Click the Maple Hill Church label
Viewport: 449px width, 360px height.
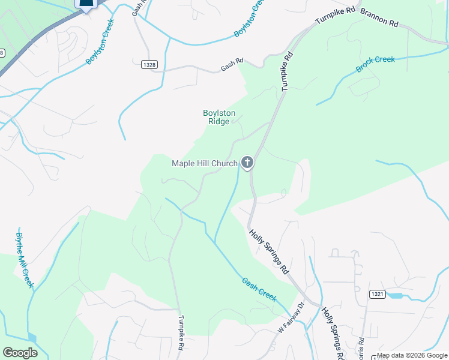[205, 163]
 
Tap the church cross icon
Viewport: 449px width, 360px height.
[247, 162]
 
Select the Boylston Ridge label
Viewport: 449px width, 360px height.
[218, 117]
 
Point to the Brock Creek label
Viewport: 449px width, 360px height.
[375, 64]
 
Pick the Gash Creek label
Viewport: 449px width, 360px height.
[259, 287]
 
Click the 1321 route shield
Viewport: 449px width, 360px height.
[376, 293]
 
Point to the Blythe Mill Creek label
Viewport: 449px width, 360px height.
[25, 260]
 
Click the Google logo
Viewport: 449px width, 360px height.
[20, 353]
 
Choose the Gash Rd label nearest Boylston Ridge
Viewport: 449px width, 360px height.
[232, 64]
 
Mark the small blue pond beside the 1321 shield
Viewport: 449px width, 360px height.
[395, 295]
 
